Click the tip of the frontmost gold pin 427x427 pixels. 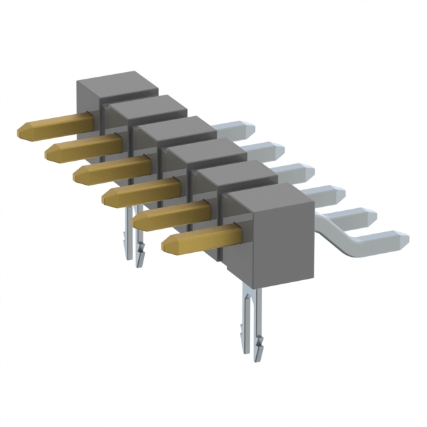click(167, 244)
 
